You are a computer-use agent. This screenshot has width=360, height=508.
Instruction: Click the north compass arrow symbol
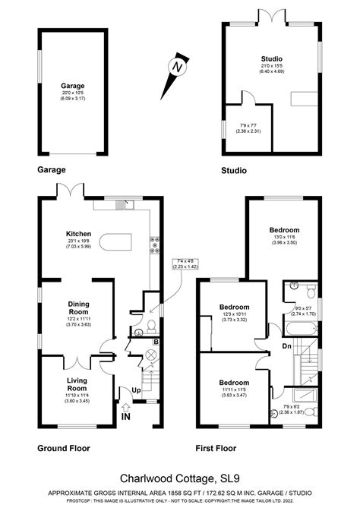178,68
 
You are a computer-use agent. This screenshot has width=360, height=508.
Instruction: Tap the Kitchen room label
78,234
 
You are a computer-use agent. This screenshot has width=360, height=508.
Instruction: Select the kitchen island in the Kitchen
116,244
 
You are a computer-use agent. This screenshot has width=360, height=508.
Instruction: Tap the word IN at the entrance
125,415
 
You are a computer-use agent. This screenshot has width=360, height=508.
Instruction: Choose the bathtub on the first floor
298,329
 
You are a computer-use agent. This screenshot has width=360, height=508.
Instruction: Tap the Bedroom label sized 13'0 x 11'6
284,229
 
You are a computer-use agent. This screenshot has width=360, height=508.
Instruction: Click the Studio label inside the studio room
272,58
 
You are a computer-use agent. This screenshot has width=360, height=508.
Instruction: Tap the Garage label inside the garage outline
73,87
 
